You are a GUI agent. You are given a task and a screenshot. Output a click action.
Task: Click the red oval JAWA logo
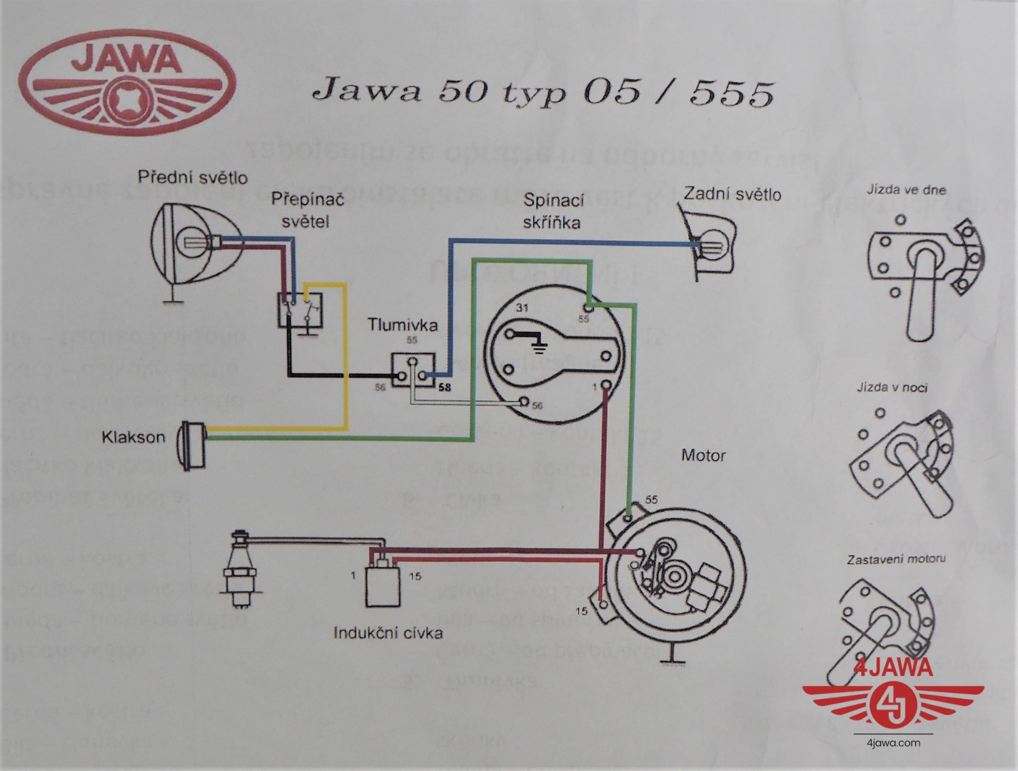point(126,78)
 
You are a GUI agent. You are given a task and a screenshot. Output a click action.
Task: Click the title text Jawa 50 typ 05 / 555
point(543,92)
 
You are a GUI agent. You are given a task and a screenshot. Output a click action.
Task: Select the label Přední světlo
point(193,176)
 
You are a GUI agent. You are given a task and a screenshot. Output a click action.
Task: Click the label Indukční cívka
point(388,633)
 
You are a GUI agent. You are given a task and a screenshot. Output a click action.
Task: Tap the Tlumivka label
point(403,326)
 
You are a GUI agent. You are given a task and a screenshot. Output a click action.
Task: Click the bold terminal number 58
point(444,388)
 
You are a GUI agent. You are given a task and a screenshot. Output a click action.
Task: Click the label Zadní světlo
point(732,194)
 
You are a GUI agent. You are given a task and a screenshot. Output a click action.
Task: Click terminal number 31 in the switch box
point(523,308)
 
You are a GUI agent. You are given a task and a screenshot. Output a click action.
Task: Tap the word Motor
point(703,455)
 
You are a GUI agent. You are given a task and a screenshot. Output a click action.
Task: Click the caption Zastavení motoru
point(896,559)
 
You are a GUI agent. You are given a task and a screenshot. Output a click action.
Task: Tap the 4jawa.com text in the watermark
point(894,742)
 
